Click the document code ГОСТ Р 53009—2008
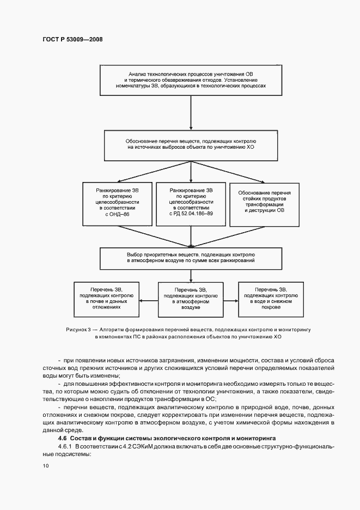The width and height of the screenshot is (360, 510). (x=72, y=40)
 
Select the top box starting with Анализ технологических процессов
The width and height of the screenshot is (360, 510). (x=190, y=79)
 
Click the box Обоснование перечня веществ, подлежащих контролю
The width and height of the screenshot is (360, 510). (x=190, y=144)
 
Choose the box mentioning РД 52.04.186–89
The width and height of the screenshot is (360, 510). (x=190, y=204)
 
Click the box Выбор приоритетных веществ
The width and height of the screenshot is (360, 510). (x=190, y=258)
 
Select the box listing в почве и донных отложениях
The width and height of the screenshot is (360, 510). (x=107, y=298)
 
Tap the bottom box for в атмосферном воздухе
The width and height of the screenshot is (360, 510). (x=190, y=299)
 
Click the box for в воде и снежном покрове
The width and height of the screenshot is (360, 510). (x=271, y=298)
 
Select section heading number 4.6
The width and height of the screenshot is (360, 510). (x=62, y=438)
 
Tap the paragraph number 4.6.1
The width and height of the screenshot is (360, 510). (x=66, y=446)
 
